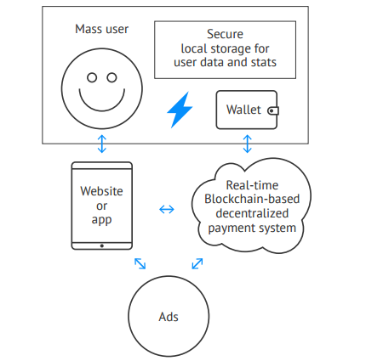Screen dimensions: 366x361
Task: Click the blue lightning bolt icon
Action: [x=180, y=110]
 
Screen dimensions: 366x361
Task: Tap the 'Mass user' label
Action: [x=101, y=29]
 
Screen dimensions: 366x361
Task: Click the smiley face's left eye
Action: [x=92, y=77]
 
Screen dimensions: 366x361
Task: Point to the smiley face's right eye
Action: [x=112, y=77]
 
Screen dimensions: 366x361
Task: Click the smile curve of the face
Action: [x=102, y=110]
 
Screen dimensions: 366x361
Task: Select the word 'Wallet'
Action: [x=243, y=110]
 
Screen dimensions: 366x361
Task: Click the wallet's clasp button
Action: [x=273, y=110]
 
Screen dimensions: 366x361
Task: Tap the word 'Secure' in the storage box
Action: [x=225, y=34]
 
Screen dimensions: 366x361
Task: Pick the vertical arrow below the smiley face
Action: [x=102, y=144]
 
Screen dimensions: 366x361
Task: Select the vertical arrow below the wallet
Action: [x=248, y=144]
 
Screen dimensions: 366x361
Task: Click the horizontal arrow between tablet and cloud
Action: [x=167, y=210]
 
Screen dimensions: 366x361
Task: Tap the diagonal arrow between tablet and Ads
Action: [x=140, y=263]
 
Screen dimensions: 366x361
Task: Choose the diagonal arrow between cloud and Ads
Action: [x=197, y=263]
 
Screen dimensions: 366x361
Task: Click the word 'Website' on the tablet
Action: [x=101, y=191]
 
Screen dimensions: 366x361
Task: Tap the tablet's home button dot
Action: [x=102, y=245]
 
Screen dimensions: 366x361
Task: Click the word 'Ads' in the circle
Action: [x=169, y=317]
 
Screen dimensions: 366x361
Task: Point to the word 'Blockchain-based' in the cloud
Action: [x=252, y=199]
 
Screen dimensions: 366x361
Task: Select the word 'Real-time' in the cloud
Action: [x=252, y=185]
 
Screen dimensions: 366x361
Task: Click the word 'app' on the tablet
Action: [x=101, y=220]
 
